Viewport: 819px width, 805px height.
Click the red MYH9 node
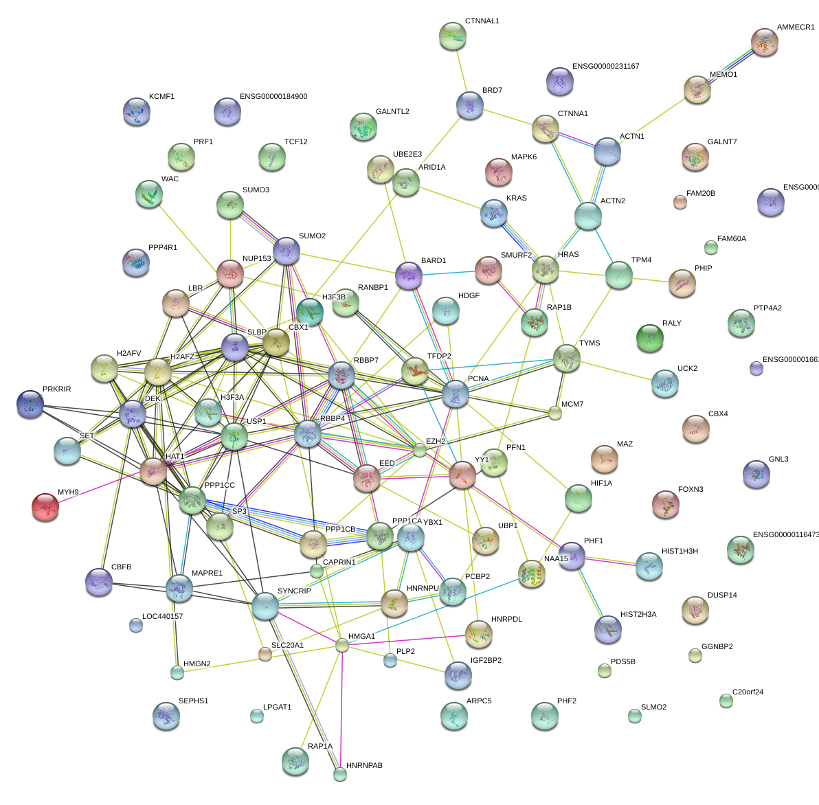(45, 507)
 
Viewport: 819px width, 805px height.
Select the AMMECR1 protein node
(764, 43)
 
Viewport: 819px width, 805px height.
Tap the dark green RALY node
(649, 337)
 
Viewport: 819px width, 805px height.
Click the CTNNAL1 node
(452, 36)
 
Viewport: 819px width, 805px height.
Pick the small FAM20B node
(680, 201)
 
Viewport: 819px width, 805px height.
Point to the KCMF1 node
(136, 112)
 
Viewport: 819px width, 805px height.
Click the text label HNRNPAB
(364, 765)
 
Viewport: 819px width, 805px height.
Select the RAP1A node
(295, 760)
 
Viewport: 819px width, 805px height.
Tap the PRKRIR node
(30, 405)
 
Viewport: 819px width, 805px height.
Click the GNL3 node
(756, 474)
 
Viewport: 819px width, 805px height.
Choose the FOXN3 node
(665, 504)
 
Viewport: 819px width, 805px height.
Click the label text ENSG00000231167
(605, 67)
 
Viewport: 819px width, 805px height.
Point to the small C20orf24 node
(726, 701)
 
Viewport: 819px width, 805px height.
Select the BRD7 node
(470, 105)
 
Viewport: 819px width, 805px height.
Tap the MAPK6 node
(499, 172)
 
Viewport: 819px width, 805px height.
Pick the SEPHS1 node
(166, 716)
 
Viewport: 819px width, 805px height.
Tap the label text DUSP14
(722, 596)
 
